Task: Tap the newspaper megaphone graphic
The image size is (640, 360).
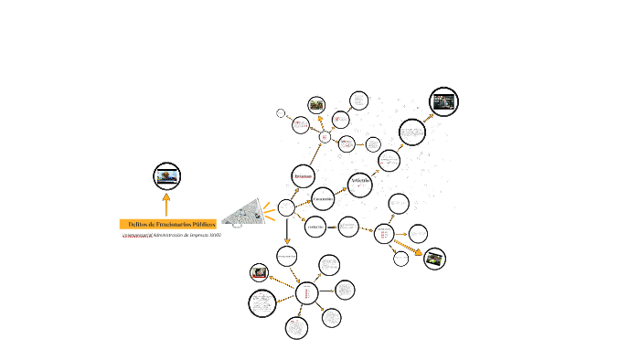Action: pyautogui.click(x=240, y=214)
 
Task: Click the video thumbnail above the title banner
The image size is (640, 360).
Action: pyautogui.click(x=166, y=175)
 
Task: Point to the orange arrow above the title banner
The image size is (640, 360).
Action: pyautogui.click(x=166, y=202)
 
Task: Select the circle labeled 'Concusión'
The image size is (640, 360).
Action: pyautogui.click(x=323, y=197)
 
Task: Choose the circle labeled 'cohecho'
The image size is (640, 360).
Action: pyautogui.click(x=315, y=227)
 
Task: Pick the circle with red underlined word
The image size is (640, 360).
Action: pyautogui.click(x=303, y=175)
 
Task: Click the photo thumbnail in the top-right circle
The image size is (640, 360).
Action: pyautogui.click(x=443, y=102)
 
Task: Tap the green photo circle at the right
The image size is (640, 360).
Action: pyautogui.click(x=435, y=258)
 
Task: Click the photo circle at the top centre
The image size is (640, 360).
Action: pyautogui.click(x=316, y=105)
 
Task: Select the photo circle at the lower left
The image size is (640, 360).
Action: pyautogui.click(x=261, y=271)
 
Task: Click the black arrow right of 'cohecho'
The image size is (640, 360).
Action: pyautogui.click(x=332, y=227)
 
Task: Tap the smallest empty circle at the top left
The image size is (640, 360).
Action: pyautogui.click(x=282, y=113)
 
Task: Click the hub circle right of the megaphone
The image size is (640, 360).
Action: pyautogui.click(x=286, y=207)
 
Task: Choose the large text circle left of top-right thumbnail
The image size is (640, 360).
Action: pyautogui.click(x=411, y=132)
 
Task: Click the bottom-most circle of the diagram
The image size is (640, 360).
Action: pyautogui.click(x=296, y=328)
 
